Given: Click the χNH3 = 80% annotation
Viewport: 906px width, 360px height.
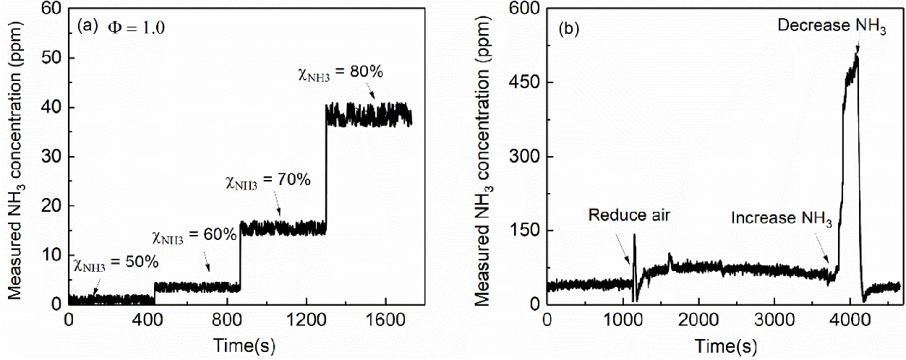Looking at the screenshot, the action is [341, 73].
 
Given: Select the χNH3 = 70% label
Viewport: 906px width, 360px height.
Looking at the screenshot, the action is [268, 181].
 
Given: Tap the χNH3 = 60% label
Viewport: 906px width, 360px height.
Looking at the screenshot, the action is [194, 236].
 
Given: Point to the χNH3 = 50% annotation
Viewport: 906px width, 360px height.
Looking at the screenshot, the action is [116, 263].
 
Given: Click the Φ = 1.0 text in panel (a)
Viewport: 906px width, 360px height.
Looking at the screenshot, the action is [136, 27].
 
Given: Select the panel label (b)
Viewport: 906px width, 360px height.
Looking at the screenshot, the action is [568, 29].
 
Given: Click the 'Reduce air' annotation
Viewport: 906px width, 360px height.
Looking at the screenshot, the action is [629, 215].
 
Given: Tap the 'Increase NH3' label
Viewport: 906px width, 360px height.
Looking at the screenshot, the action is [782, 219].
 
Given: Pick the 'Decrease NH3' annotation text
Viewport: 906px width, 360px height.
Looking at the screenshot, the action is [832, 26].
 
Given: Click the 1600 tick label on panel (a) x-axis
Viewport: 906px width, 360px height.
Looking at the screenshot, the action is [385, 320].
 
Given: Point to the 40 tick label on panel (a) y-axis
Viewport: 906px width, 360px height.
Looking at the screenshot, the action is [51, 108].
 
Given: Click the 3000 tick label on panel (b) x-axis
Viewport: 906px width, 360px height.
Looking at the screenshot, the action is [774, 320].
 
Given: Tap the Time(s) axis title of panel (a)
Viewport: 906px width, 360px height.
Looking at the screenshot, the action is [244, 346].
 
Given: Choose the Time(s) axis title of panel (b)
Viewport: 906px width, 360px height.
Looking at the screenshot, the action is [726, 346].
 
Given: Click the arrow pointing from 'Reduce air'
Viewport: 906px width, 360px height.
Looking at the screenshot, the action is [622, 249].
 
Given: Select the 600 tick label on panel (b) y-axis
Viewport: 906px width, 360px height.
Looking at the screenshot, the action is [525, 9].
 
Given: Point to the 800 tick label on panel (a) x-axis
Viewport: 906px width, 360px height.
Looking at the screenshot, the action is [227, 320].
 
